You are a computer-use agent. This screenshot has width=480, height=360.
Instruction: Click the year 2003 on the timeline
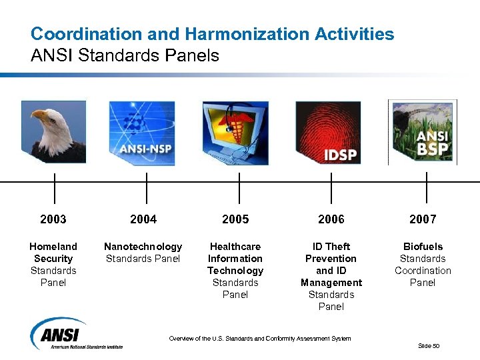click(x=53, y=219)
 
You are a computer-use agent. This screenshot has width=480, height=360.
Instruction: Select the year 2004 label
click(x=143, y=219)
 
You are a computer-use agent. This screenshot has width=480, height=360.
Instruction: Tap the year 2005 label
click(x=235, y=219)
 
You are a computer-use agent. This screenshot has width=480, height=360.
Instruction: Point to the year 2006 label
click(x=331, y=219)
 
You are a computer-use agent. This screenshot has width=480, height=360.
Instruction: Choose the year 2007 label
click(x=423, y=219)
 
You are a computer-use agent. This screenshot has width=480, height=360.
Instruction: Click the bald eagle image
click(x=53, y=132)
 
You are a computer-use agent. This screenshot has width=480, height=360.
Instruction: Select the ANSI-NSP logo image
click(x=142, y=133)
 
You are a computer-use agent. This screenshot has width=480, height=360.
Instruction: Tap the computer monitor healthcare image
click(x=235, y=133)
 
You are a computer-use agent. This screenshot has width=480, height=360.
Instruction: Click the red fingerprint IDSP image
click(x=328, y=133)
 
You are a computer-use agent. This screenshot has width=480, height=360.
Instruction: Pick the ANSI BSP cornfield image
click(x=422, y=132)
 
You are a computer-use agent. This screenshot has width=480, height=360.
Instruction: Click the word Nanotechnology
click(x=143, y=247)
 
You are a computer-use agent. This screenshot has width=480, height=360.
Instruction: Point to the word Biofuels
click(x=423, y=247)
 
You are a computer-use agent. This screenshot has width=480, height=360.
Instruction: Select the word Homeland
click(x=53, y=247)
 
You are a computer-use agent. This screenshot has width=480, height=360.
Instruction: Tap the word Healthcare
click(x=235, y=247)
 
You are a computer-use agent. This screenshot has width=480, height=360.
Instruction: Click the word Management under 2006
click(x=331, y=283)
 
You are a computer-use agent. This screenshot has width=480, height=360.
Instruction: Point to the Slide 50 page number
click(x=429, y=345)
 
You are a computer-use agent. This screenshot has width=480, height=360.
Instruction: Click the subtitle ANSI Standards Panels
click(x=125, y=55)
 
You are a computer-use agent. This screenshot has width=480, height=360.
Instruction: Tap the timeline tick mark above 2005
click(x=239, y=188)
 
